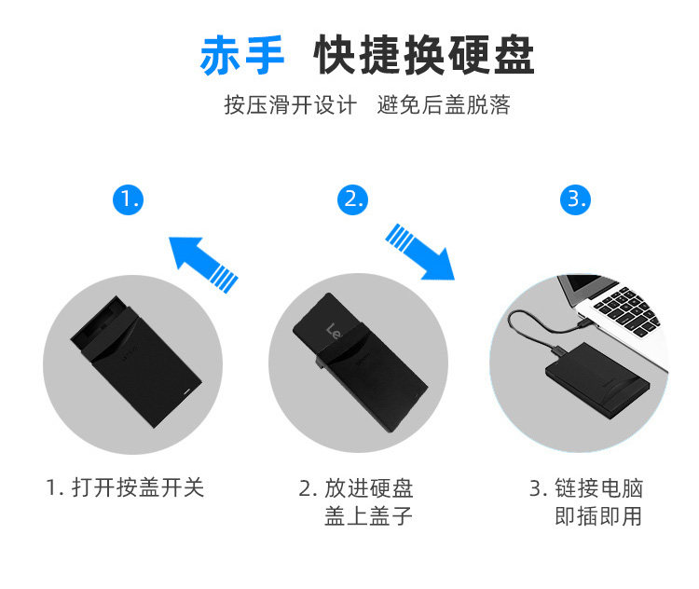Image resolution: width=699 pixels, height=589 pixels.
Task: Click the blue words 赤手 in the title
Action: pos(242,55)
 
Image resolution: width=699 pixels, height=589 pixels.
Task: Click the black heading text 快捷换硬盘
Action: pos(424,55)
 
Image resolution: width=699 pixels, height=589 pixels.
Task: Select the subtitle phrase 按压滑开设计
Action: pos(289,104)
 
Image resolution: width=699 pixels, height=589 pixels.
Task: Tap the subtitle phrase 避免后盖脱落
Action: pos(444,104)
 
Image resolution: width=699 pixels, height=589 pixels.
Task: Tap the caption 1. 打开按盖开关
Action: pos(125,487)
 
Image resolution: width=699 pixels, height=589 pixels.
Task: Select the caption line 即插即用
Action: pos(598,516)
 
